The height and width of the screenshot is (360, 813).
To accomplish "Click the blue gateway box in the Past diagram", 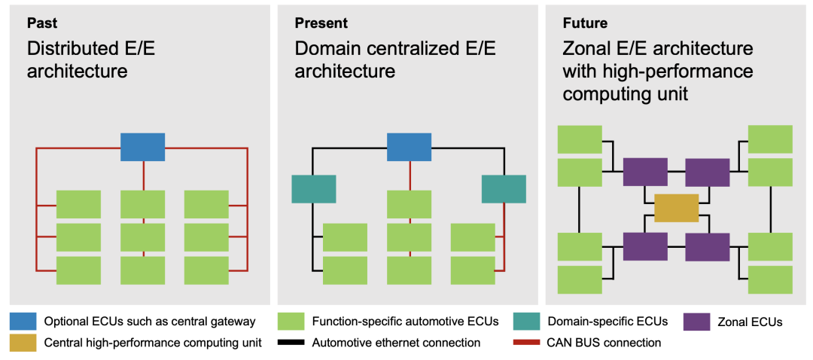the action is [x=142, y=147].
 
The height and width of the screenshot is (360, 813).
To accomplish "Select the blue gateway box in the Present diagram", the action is [x=409, y=147].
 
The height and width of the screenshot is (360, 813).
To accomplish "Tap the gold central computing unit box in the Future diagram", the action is [x=677, y=208].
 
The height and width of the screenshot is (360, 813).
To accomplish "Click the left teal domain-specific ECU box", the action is [x=314, y=189].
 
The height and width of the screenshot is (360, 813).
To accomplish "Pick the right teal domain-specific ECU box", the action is [x=504, y=189].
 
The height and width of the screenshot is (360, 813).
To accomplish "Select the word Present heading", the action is [x=321, y=23].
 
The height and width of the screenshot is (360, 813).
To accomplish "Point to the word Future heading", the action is [x=586, y=23].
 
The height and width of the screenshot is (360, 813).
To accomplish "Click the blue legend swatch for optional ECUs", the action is [x=23, y=322].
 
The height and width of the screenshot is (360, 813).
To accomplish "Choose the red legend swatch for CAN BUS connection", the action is [x=525, y=343].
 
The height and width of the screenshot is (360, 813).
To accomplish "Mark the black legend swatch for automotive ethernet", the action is [x=291, y=343].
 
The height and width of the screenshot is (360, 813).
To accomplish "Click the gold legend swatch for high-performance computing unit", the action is [x=23, y=343].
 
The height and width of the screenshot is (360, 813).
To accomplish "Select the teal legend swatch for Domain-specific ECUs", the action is [x=525, y=322].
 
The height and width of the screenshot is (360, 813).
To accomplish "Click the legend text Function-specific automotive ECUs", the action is [x=406, y=322].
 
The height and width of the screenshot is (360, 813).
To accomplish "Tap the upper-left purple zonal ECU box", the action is [x=645, y=172].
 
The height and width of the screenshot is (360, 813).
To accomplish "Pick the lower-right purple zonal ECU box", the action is [x=708, y=247].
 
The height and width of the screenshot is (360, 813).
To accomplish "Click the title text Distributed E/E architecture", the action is [x=91, y=59].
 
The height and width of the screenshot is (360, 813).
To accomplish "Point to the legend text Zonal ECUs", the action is [x=750, y=322].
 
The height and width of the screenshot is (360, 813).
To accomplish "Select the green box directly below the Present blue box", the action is [x=409, y=204].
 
